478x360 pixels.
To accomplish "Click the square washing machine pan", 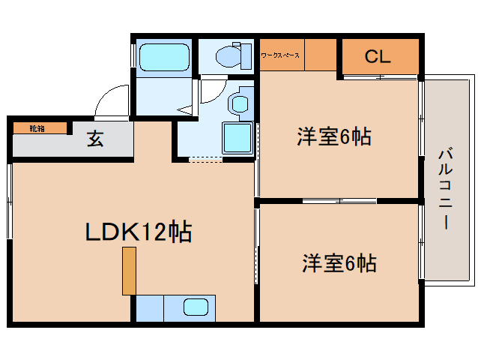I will [x=238, y=138].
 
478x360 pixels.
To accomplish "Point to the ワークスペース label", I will [x=280, y=55].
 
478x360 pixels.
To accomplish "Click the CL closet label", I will [x=379, y=56].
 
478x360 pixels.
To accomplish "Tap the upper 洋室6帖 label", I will [x=334, y=137].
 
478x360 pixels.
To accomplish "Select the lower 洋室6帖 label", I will [x=339, y=263].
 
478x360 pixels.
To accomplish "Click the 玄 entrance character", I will [x=94, y=139].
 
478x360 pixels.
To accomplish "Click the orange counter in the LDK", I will [x=130, y=270].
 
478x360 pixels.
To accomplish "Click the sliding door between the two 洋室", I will [x=339, y=200].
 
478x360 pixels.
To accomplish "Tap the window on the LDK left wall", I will [x=10, y=202].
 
